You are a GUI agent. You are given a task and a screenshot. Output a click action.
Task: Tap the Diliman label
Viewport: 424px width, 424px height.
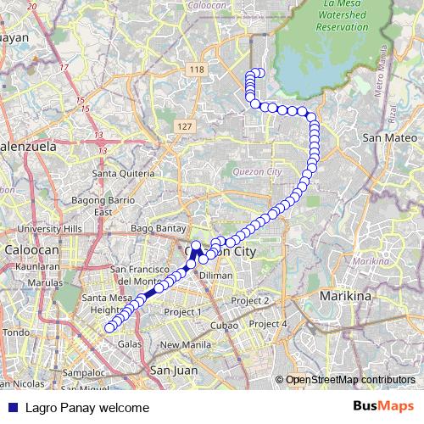(216, 276)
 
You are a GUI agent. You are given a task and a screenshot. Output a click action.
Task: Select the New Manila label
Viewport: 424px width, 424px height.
(185, 344)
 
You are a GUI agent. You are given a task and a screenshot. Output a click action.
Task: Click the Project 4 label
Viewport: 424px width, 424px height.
(269, 324)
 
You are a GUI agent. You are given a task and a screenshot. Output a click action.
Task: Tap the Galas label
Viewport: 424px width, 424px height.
(130, 344)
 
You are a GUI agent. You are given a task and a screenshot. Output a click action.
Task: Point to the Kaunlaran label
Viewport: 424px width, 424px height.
(36, 266)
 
